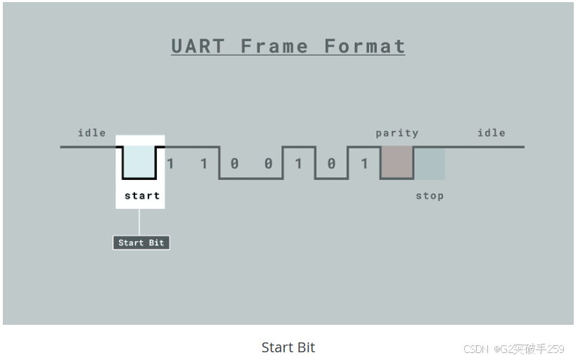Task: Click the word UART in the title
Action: [198, 46]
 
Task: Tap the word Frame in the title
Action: [274, 46]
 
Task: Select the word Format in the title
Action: [364, 46]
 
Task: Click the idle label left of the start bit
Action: [91, 132]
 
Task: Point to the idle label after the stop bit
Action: [491, 132]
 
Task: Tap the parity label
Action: [397, 132]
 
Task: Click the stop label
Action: [430, 195]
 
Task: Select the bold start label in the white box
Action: [142, 195]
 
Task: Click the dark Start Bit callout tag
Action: [141, 243]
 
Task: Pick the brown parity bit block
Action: [397, 162]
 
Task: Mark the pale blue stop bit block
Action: [429, 163]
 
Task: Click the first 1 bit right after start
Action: [170, 164]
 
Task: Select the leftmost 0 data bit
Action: [234, 164]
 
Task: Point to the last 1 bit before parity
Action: [364, 164]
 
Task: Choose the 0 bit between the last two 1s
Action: [331, 164]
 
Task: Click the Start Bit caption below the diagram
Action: [288, 347]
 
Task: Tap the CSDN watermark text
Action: [475, 349]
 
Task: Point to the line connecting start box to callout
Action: [139, 221]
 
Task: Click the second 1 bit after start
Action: [204, 164]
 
